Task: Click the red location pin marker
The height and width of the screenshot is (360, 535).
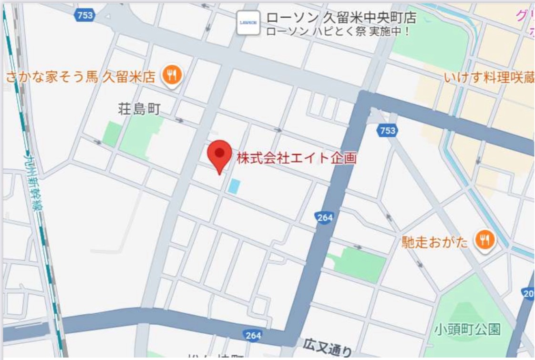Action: [x=219, y=155]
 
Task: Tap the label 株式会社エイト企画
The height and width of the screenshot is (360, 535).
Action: [x=297, y=158]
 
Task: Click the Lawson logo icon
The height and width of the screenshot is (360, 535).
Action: [x=248, y=22]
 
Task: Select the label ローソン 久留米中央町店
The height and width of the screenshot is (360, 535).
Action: [x=341, y=18]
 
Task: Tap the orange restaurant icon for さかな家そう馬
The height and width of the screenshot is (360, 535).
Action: [x=172, y=76]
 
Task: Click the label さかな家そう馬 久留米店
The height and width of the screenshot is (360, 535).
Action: [x=81, y=76]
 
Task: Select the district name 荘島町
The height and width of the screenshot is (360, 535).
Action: [x=139, y=109]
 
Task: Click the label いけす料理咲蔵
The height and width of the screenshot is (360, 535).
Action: [x=489, y=77]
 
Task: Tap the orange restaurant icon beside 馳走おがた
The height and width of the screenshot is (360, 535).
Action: [x=484, y=241]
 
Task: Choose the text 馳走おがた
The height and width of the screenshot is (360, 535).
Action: [x=435, y=242]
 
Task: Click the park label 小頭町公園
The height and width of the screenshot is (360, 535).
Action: [x=467, y=329]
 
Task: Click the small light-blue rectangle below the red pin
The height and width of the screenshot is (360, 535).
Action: [x=233, y=186]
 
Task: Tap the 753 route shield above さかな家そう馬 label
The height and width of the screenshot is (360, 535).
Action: [x=84, y=15]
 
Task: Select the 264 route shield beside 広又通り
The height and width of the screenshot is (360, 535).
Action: [x=253, y=335]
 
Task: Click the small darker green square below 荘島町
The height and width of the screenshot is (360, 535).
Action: [x=113, y=134]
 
